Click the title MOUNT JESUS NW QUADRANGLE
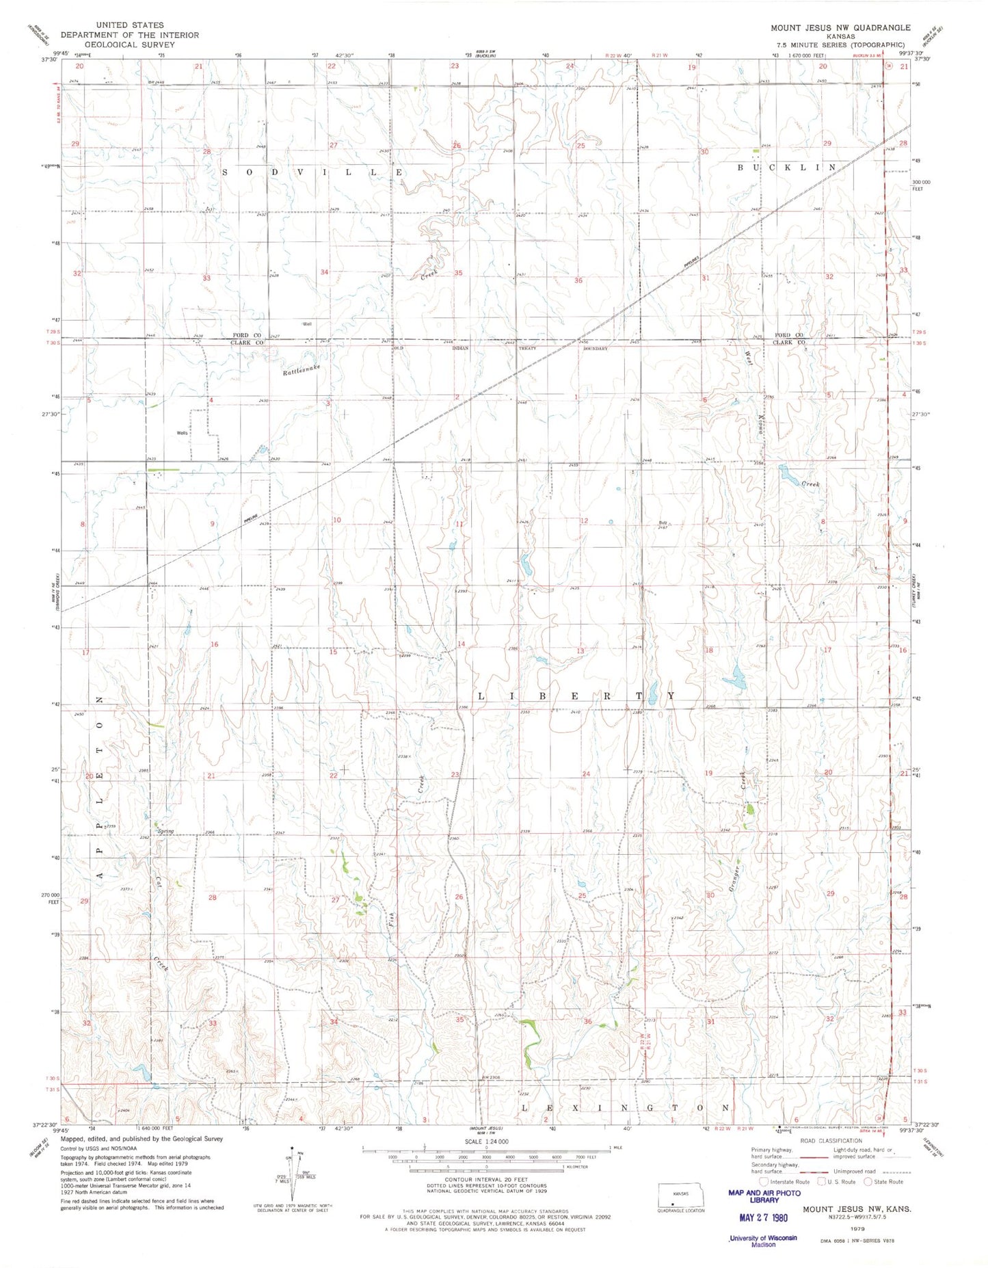point(840,27)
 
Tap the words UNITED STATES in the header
point(129,25)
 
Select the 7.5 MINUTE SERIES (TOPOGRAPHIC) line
point(840,44)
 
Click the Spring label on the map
point(166,831)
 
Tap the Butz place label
point(663,523)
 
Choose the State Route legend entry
point(883,1181)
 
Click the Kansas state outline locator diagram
point(680,1193)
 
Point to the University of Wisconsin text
point(763,1237)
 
